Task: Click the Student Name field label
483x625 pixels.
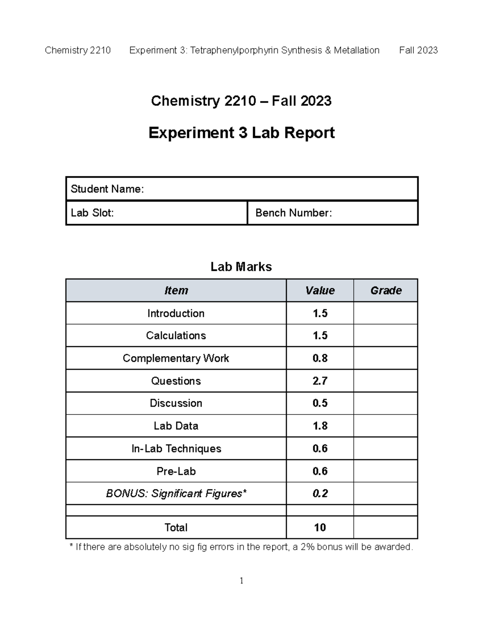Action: click(x=107, y=189)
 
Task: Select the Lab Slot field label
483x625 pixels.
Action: click(x=92, y=213)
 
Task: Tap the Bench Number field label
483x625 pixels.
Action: click(x=293, y=213)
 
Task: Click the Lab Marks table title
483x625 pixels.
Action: click(x=241, y=267)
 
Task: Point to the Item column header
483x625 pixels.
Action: click(x=176, y=291)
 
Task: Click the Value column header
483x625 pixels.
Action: click(x=320, y=291)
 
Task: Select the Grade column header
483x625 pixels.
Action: click(x=386, y=291)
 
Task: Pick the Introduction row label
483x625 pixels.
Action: click(x=176, y=313)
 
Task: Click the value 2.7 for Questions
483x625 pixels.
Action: click(x=320, y=381)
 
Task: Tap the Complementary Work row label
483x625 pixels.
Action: click(x=176, y=358)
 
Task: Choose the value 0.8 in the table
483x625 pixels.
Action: click(x=320, y=358)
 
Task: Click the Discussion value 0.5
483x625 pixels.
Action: click(x=320, y=403)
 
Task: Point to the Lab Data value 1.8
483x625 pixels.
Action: click(x=320, y=426)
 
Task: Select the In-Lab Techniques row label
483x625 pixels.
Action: click(x=176, y=448)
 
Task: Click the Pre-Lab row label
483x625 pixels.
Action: click(x=176, y=471)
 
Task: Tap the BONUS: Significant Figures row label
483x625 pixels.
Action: click(x=176, y=493)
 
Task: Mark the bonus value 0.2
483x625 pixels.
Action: click(x=320, y=493)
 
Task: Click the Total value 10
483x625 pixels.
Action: click(x=320, y=527)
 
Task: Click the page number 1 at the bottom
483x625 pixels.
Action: click(x=242, y=580)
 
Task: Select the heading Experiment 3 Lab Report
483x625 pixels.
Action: click(x=242, y=133)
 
